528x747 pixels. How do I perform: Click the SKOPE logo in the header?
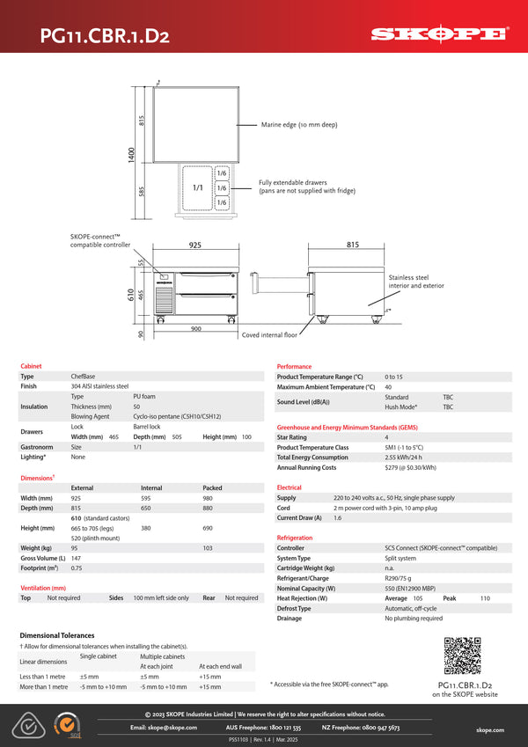point(438,34)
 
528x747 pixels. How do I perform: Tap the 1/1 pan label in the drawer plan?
point(198,188)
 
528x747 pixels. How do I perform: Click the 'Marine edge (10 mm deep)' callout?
point(298,125)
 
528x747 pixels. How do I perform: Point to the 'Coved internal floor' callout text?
point(269,334)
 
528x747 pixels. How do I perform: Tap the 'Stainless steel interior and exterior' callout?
point(416,282)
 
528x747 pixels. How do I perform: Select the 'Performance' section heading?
point(294,366)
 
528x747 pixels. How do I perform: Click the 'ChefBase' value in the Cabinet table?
point(83,376)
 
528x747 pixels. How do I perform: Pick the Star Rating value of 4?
point(386,436)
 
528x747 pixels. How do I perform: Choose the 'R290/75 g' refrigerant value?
point(400,578)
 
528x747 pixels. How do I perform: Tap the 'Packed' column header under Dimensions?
point(212,487)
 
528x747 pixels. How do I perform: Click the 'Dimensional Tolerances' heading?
point(56,634)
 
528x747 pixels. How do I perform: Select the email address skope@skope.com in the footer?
point(164,728)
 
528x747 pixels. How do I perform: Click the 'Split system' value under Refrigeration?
point(400,558)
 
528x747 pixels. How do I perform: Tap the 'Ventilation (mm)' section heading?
point(43,588)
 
